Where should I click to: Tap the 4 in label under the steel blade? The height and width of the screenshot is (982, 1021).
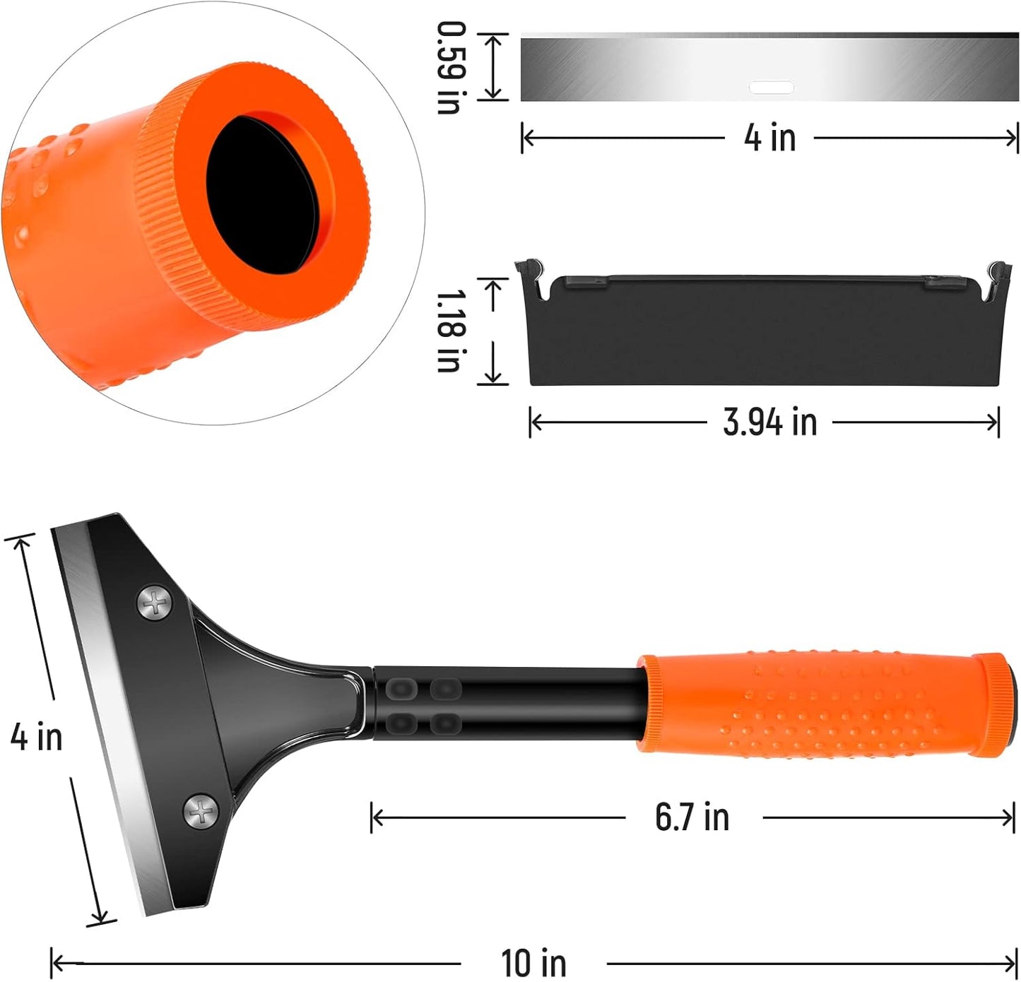(769, 137)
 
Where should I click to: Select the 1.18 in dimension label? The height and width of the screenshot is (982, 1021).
(449, 331)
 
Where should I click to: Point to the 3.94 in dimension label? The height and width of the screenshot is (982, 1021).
(769, 422)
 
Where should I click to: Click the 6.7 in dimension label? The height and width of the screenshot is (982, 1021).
(692, 817)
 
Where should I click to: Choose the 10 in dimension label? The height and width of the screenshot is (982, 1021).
(533, 963)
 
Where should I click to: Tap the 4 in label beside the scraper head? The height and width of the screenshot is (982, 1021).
(36, 736)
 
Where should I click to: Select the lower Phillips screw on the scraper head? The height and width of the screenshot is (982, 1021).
(202, 812)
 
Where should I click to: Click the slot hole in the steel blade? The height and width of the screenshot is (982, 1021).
(771, 88)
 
